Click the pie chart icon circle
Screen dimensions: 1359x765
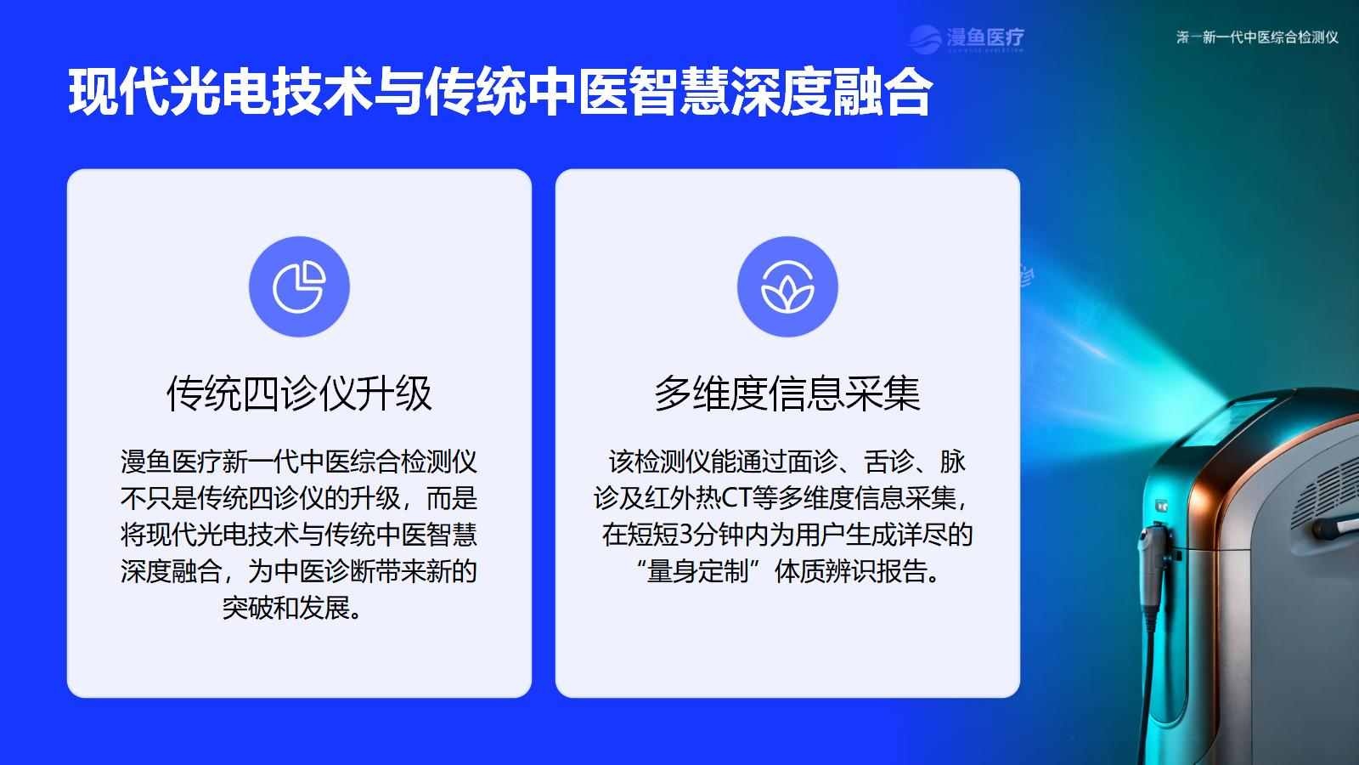tap(299, 286)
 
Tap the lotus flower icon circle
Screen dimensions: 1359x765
tap(787, 286)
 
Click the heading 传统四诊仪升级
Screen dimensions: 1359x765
tap(299, 394)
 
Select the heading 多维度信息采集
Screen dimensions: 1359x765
tap(787, 394)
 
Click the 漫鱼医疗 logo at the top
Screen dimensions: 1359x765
tap(967, 38)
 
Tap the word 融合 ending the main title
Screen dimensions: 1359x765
tap(883, 93)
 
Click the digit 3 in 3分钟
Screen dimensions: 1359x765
tap(685, 535)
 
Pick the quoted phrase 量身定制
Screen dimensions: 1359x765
tap(697, 571)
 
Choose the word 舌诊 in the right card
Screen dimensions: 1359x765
tap(888, 462)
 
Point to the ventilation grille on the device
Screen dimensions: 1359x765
tap(1326, 492)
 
